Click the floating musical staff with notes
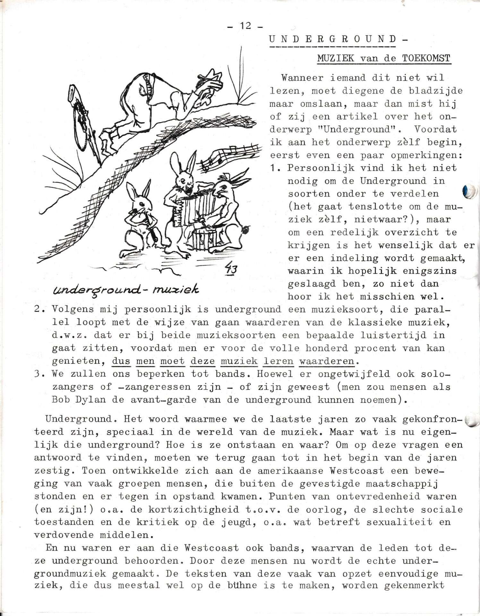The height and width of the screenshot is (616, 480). coord(229,157)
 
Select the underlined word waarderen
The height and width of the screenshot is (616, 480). coord(327,361)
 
